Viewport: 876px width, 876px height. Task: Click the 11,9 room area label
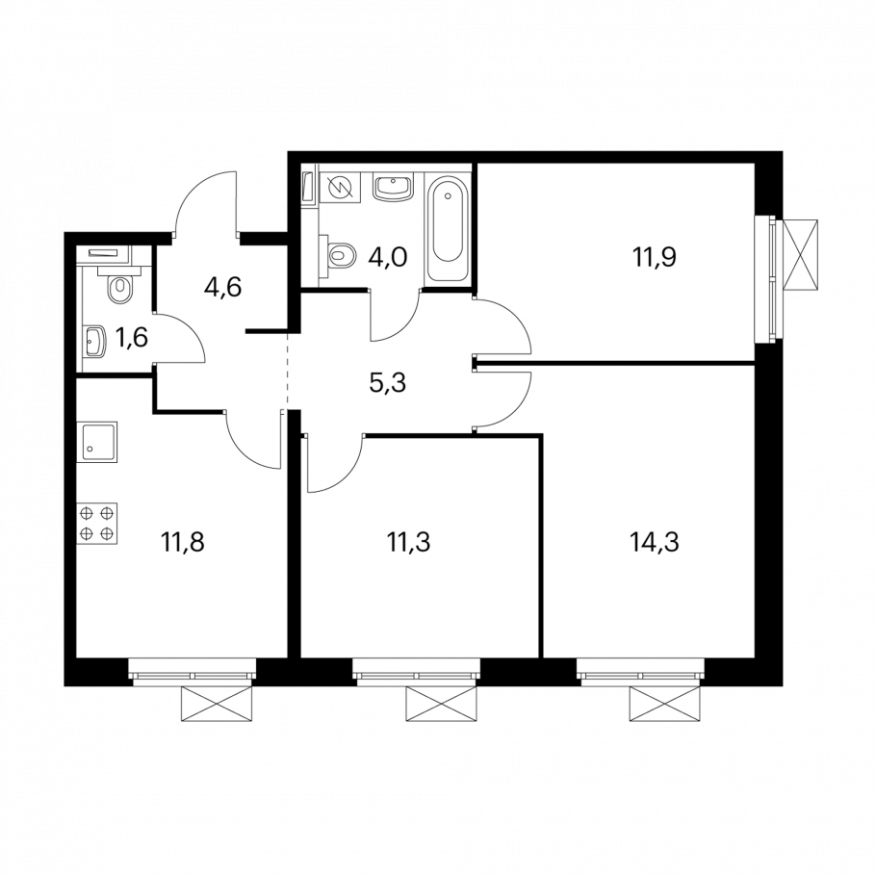click(655, 258)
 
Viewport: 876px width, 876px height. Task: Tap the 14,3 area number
click(655, 542)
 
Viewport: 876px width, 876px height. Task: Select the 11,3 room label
click(408, 542)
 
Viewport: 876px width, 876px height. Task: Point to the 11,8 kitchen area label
click(183, 542)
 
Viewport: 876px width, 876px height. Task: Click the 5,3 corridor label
click(388, 383)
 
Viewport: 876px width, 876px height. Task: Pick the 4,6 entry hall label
click(223, 287)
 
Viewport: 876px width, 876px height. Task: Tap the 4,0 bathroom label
click(388, 258)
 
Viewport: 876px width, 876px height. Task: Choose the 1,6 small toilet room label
click(132, 338)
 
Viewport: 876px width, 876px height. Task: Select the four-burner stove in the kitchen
click(97, 523)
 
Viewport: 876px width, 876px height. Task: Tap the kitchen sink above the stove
click(97, 442)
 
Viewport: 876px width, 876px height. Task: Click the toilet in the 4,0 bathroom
click(338, 256)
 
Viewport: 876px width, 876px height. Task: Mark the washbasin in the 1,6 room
click(94, 341)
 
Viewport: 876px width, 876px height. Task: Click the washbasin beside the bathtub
click(394, 187)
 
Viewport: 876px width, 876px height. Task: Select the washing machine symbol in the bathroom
click(340, 189)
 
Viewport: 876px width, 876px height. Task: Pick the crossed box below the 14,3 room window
click(665, 705)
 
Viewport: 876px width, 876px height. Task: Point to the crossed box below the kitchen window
click(217, 705)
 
